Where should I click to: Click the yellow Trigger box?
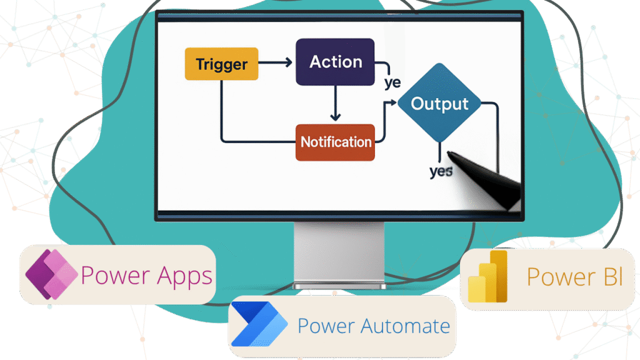coord(221,64)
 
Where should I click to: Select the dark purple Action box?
coord(336,62)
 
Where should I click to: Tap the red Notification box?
coord(336,142)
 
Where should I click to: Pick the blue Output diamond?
coord(440,104)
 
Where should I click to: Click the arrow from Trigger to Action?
coord(276,62)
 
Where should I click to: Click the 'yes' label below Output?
coord(441,171)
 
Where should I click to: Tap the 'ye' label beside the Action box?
coord(392,82)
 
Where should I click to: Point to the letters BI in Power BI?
coord(609,277)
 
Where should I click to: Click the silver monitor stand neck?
coord(339,253)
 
